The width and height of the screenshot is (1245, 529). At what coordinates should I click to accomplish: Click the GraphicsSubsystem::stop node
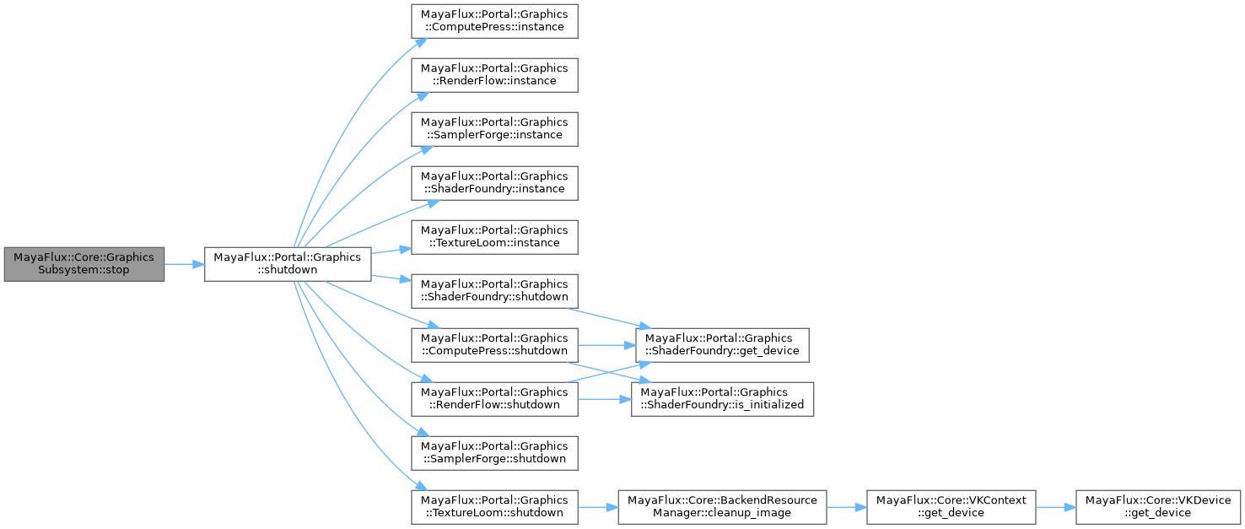(x=84, y=264)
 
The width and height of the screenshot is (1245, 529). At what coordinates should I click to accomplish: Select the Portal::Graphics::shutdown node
(x=288, y=264)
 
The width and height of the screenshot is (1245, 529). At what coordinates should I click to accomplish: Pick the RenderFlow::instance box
(x=494, y=74)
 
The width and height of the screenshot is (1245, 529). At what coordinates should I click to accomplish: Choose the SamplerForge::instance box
(x=494, y=128)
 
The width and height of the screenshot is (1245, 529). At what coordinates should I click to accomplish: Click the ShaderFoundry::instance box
(x=494, y=182)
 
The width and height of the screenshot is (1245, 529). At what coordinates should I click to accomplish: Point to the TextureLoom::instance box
(x=494, y=236)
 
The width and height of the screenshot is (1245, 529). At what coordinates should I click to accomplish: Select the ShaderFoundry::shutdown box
(x=494, y=290)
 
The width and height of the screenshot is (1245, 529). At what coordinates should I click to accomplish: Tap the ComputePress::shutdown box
(x=494, y=344)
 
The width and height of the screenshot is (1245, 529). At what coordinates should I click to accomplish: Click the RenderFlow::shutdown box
(x=494, y=398)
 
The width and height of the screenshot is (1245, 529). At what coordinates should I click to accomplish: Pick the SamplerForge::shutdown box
(x=494, y=452)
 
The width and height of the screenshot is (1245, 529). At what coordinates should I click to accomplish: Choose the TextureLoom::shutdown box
(x=494, y=506)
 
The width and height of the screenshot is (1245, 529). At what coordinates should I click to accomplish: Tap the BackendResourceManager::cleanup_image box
(x=722, y=506)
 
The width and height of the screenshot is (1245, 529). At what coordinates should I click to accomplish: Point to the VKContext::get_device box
(x=951, y=506)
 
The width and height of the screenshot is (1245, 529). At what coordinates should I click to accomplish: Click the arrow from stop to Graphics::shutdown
(x=184, y=264)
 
